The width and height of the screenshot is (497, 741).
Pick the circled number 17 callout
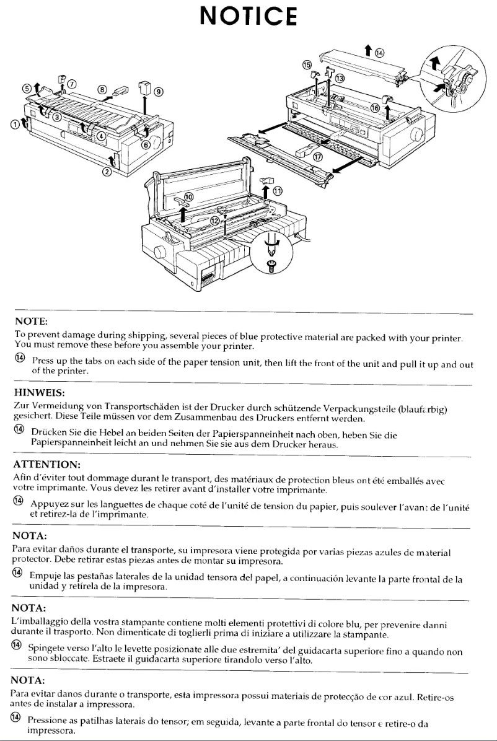coord(317,157)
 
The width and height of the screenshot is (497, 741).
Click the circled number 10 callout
coord(188,196)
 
